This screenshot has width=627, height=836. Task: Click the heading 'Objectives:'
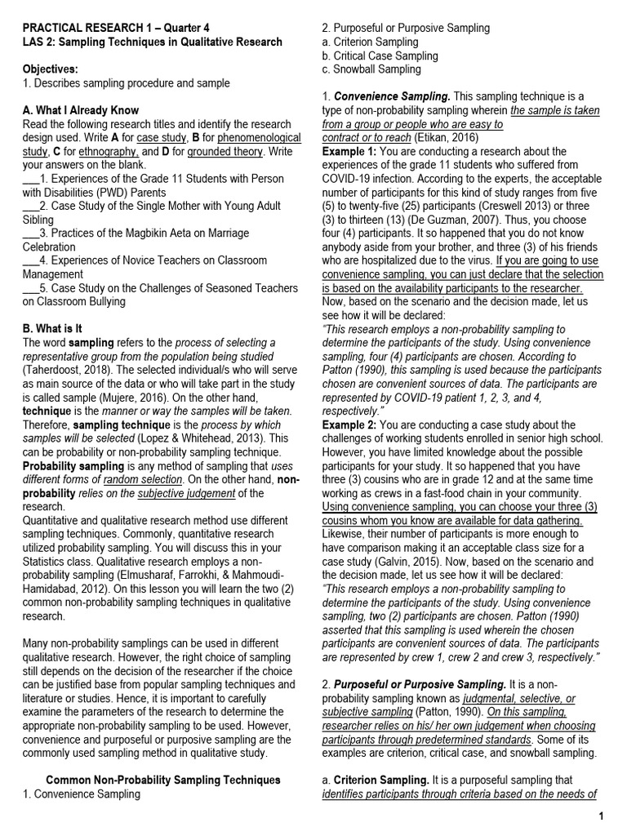click(51, 69)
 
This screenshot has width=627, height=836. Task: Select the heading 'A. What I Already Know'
click(81, 110)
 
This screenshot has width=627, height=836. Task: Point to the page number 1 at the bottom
click(601, 816)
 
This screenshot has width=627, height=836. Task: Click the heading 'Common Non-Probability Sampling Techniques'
click(162, 780)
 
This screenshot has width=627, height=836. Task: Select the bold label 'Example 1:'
click(349, 152)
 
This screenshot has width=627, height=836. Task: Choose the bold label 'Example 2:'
click(349, 425)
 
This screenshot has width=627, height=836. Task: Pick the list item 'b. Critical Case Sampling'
click(380, 56)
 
